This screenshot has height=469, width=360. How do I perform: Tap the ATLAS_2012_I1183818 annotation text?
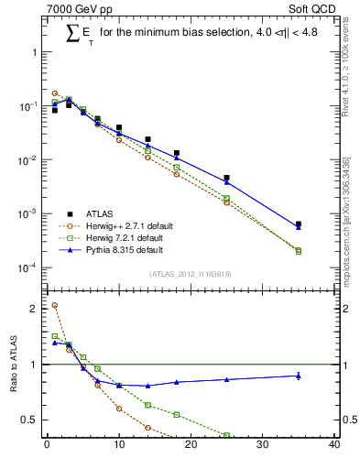(190, 274)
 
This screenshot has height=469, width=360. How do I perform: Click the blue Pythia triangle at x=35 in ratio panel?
(299, 376)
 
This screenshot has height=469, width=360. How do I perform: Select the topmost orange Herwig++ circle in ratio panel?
(55, 306)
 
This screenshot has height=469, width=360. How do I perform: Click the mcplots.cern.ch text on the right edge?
(350, 229)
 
